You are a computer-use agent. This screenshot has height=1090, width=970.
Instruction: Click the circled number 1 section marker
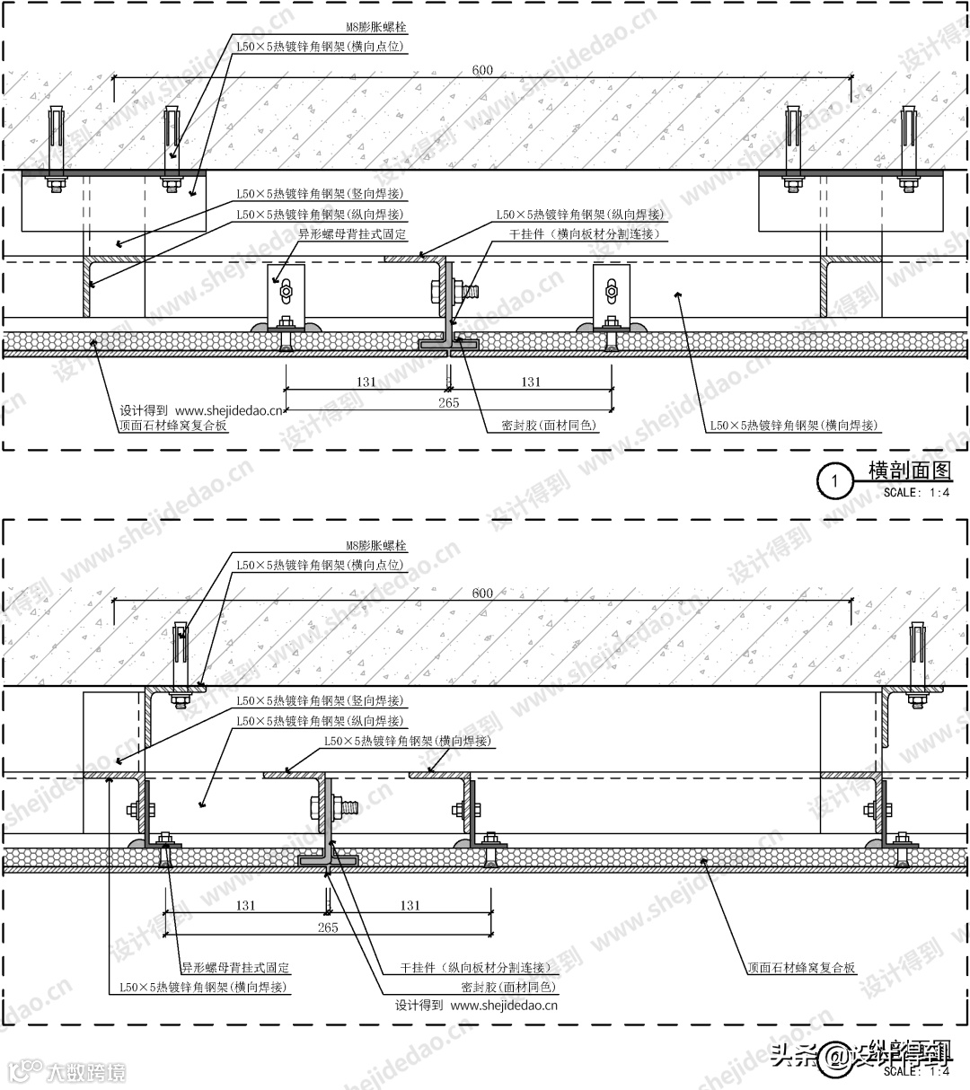coord(834,481)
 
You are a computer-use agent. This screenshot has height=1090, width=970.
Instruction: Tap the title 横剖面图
coord(909,470)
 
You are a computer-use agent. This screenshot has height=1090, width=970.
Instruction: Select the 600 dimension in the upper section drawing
coord(483,70)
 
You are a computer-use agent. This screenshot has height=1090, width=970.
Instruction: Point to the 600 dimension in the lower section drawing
coord(482,593)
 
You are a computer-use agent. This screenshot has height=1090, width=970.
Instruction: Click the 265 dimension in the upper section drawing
coord(448,403)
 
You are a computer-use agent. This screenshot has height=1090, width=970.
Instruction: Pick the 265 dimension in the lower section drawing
coord(328,927)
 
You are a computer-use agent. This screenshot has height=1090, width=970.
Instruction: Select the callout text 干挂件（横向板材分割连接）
coord(585,234)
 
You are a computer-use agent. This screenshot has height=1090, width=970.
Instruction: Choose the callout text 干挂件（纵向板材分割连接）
coord(475,968)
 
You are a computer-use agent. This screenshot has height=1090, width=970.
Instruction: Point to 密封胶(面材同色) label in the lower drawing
coord(508,987)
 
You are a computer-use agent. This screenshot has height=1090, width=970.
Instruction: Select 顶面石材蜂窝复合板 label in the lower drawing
coord(801,969)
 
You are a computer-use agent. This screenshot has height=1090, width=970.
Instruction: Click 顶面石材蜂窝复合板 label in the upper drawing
coord(173,426)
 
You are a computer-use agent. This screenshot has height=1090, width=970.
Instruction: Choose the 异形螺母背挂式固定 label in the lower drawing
coord(235,968)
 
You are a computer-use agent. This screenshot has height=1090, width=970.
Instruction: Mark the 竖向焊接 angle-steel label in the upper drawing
coord(319,194)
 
